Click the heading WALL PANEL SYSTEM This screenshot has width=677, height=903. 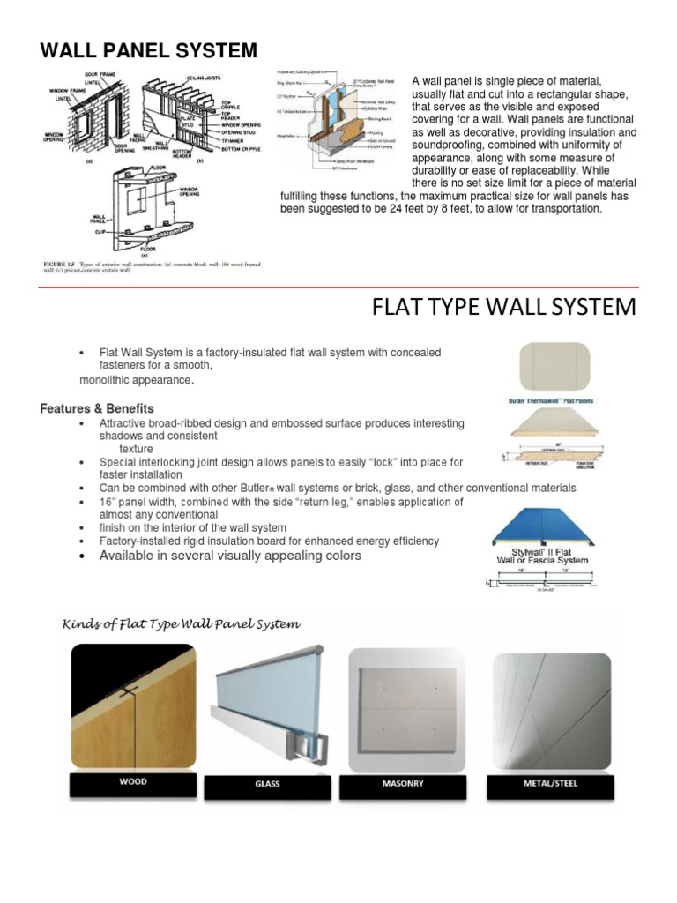pyautogui.click(x=149, y=50)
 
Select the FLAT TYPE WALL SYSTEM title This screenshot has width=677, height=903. pyautogui.click(x=503, y=307)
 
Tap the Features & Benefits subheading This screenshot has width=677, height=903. pyautogui.click(x=97, y=408)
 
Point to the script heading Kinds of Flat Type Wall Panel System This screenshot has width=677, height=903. pyautogui.click(x=181, y=624)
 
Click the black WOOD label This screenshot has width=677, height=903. pyautogui.click(x=132, y=781)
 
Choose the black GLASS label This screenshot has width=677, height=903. pyautogui.click(x=267, y=782)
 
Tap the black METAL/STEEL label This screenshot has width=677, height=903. pyautogui.click(x=551, y=781)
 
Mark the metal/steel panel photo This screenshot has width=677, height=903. pyautogui.click(x=551, y=706)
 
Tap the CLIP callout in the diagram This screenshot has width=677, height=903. pyautogui.click(x=99, y=232)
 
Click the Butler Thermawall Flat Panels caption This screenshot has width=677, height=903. pyautogui.click(x=553, y=399)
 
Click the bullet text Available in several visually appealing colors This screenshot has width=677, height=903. pyautogui.click(x=230, y=556)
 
